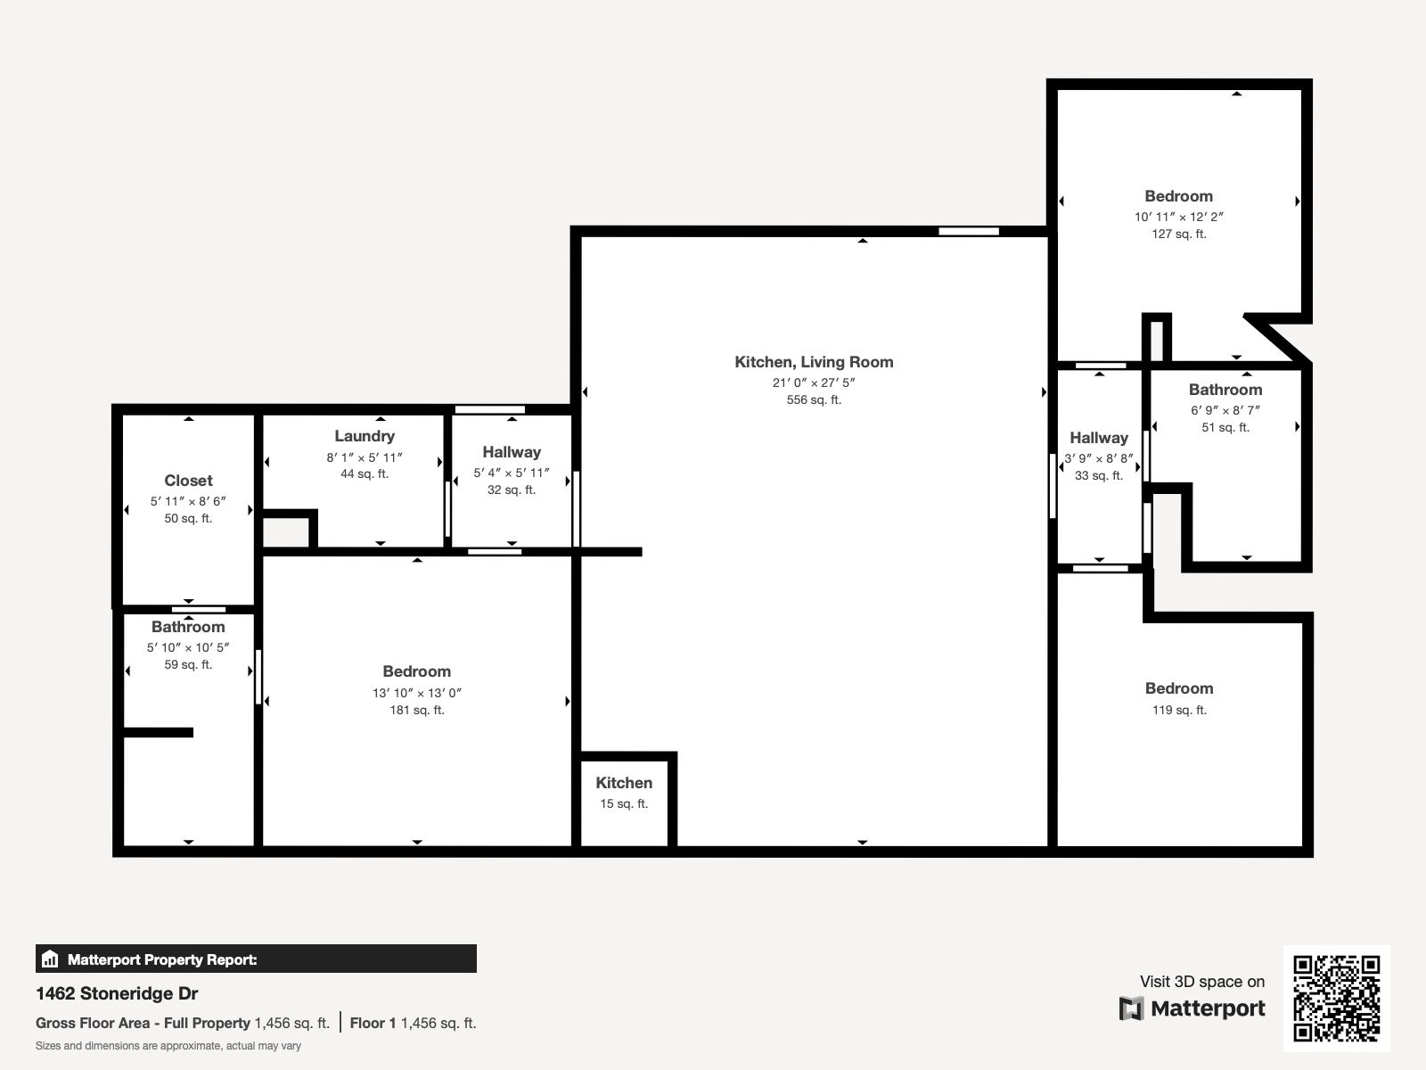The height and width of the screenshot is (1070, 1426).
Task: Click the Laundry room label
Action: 365,437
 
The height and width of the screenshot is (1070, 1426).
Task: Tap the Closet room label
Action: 188,481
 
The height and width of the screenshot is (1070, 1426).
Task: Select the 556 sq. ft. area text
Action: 814,400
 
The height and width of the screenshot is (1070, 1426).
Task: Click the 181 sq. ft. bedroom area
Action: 417,711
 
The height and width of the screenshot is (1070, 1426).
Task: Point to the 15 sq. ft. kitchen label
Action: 624,804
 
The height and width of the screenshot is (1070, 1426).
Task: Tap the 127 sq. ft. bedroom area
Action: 1179,235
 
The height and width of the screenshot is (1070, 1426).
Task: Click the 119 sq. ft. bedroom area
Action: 1179,711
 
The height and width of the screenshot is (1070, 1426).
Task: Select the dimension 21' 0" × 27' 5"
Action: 814,383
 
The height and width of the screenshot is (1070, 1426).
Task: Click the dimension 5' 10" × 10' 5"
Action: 188,647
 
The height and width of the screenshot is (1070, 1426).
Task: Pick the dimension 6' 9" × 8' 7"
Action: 1225,410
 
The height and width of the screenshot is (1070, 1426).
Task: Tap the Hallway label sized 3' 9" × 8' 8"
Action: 1099,438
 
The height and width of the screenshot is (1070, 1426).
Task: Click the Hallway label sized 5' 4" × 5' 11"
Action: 512,452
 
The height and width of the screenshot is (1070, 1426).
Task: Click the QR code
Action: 1336,999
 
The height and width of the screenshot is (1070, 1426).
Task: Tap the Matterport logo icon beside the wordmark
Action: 1131,1009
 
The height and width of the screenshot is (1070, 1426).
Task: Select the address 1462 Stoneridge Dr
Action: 117,994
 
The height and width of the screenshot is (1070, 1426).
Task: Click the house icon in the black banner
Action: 50,959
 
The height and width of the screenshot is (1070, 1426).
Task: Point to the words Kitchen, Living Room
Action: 814,363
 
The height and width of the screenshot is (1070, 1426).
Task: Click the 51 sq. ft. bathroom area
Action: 1225,427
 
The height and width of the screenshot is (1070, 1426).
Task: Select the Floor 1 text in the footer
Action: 373,1024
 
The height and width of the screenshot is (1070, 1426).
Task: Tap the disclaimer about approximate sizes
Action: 168,1046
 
